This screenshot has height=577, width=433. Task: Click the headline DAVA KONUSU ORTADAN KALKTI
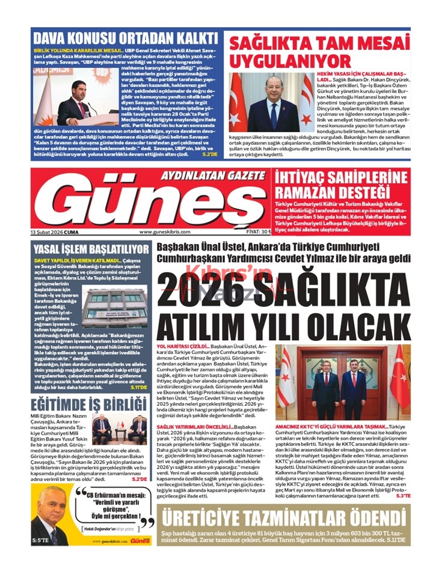(125, 38)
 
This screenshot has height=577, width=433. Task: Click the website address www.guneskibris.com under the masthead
(165, 232)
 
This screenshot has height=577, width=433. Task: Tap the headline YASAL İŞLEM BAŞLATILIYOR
(90, 249)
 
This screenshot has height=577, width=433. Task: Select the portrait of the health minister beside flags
(273, 103)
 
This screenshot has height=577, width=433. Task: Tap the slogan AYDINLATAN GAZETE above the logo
(213, 176)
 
